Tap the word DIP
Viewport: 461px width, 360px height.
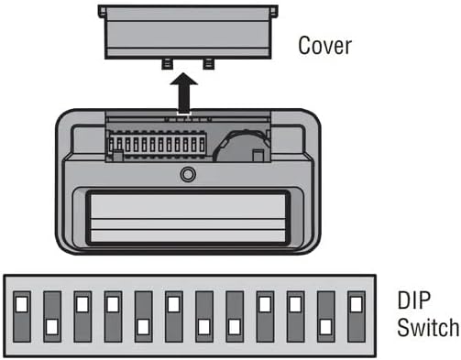pyautogui.click(x=414, y=301)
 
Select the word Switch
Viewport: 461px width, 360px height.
pyautogui.click(x=426, y=327)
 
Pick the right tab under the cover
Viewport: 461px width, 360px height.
pyautogui.click(x=210, y=63)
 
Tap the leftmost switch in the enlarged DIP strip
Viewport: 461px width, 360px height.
pyautogui.click(x=22, y=315)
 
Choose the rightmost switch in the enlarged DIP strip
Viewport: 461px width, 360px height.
pyautogui.click(x=355, y=315)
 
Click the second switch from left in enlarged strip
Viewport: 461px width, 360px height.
pyautogui.click(x=52, y=315)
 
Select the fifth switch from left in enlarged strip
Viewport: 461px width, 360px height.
pyautogui.click(x=143, y=315)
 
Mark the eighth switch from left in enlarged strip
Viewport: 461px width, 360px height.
pyautogui.click(x=234, y=315)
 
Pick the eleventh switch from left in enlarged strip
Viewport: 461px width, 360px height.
pyautogui.click(x=324, y=315)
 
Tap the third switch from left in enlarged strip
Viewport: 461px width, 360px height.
pyautogui.click(x=82, y=315)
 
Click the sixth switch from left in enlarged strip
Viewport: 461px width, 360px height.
pyautogui.click(x=173, y=315)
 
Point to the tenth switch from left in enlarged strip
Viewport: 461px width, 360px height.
pyautogui.click(x=294, y=315)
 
